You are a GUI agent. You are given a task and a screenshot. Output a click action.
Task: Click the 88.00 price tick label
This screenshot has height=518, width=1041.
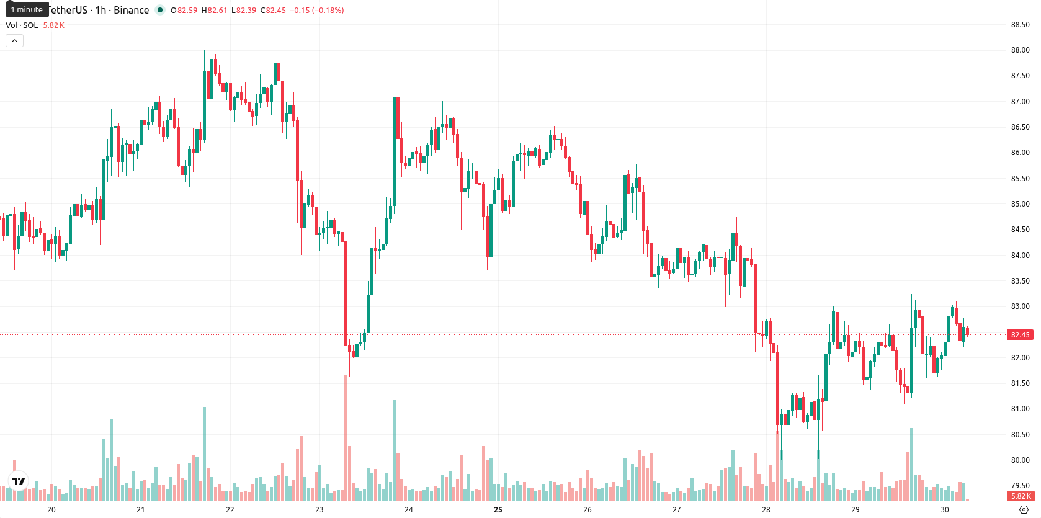click(x=1020, y=50)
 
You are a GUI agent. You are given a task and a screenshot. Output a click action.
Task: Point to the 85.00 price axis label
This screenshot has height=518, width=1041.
click(x=1020, y=204)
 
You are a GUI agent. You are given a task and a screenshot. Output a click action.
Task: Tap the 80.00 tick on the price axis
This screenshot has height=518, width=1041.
click(x=1020, y=460)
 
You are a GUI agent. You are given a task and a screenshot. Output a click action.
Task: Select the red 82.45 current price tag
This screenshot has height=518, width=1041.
click(x=1020, y=334)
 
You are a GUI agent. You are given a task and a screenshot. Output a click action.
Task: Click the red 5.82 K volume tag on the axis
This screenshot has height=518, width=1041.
click(x=1020, y=496)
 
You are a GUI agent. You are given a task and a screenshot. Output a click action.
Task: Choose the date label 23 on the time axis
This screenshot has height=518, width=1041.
click(x=319, y=510)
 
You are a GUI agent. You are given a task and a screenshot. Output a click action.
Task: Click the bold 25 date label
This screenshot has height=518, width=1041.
click(x=498, y=510)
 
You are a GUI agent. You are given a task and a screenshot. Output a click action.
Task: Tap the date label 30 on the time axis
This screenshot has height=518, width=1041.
click(x=945, y=510)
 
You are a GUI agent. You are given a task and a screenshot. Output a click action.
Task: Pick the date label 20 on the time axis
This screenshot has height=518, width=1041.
click(x=51, y=510)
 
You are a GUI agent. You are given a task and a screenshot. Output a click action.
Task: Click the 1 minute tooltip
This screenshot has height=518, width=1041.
click(x=27, y=9)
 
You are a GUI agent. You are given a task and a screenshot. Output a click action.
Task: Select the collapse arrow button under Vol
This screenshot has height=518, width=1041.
click(x=14, y=41)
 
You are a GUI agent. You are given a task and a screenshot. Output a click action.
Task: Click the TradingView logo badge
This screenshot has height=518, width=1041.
click(x=19, y=481)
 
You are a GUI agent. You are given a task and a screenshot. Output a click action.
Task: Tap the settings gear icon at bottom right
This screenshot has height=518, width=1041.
click(x=1024, y=510)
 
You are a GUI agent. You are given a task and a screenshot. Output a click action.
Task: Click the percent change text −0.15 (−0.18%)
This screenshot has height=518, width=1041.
click(x=317, y=10)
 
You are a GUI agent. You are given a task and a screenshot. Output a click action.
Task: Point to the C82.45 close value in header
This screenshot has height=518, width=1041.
click(x=273, y=10)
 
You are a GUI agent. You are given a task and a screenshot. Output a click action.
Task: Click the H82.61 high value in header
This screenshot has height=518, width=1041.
click(x=214, y=10)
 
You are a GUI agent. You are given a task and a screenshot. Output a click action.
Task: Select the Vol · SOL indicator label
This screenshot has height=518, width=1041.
click(x=22, y=25)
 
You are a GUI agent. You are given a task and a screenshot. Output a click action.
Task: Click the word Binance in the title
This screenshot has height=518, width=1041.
click(x=132, y=10)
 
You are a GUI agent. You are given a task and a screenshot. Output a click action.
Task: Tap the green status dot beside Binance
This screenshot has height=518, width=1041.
click(x=160, y=10)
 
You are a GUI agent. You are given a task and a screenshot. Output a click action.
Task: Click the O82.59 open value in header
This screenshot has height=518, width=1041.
click(x=184, y=10)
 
